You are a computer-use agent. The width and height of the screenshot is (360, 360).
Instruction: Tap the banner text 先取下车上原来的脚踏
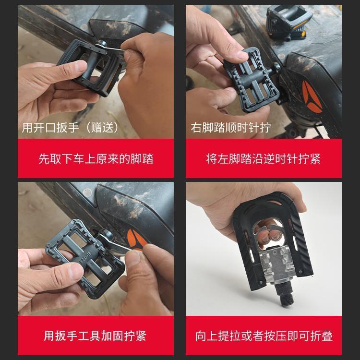point(96,158)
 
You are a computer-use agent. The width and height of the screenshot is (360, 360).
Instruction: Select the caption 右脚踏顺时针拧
point(231,128)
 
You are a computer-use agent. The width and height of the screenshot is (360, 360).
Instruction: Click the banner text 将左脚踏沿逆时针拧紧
point(264,158)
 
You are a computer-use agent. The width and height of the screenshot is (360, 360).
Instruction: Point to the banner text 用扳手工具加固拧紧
point(96,336)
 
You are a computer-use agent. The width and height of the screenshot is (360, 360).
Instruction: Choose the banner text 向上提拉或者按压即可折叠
point(264,336)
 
